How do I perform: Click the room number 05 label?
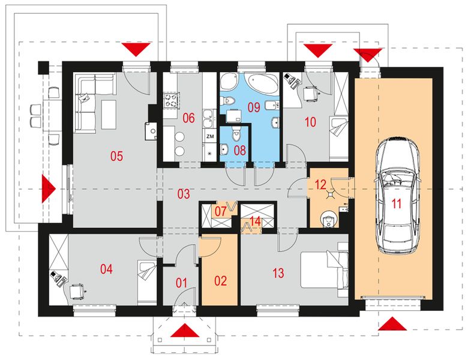[116, 156]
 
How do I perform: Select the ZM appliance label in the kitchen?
[210, 136]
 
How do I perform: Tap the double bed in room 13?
[324, 271]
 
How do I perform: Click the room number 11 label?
[397, 204]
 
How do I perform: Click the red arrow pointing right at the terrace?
[48, 189]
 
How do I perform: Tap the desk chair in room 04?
[76, 292]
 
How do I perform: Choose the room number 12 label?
[320, 184]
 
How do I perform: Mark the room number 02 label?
[221, 281]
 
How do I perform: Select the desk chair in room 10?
[310, 93]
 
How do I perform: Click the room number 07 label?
[220, 211]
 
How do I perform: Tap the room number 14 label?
[255, 221]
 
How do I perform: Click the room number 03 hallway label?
[184, 194]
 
